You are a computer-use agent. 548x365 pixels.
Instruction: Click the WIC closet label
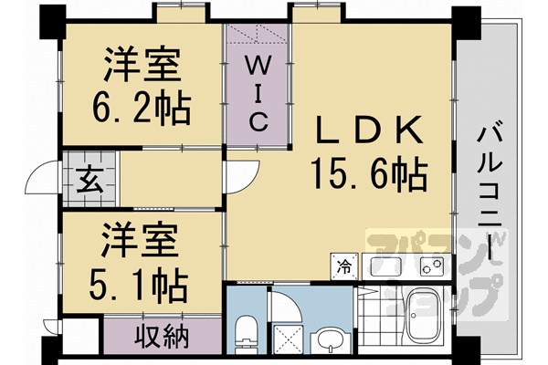(x=258, y=93)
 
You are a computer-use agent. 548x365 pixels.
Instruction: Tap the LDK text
(x=369, y=130)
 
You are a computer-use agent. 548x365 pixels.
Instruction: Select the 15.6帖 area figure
(x=369, y=173)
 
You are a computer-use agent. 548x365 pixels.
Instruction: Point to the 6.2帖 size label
(x=142, y=108)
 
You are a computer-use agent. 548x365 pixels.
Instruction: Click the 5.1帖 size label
(x=139, y=285)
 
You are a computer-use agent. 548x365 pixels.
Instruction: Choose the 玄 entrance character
(x=90, y=180)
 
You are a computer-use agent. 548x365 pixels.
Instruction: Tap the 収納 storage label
(x=163, y=337)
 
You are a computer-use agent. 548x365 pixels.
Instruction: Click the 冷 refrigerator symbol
(x=344, y=266)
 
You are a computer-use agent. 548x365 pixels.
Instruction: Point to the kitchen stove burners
(x=432, y=266)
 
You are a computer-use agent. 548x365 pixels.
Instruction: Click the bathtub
(x=423, y=316)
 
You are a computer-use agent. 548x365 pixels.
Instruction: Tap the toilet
(x=246, y=335)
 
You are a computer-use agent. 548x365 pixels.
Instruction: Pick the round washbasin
(x=331, y=341)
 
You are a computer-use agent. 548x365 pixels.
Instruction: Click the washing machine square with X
(x=288, y=339)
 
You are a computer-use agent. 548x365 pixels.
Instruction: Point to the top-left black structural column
(x=53, y=22)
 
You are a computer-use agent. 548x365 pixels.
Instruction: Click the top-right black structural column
(x=466, y=23)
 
